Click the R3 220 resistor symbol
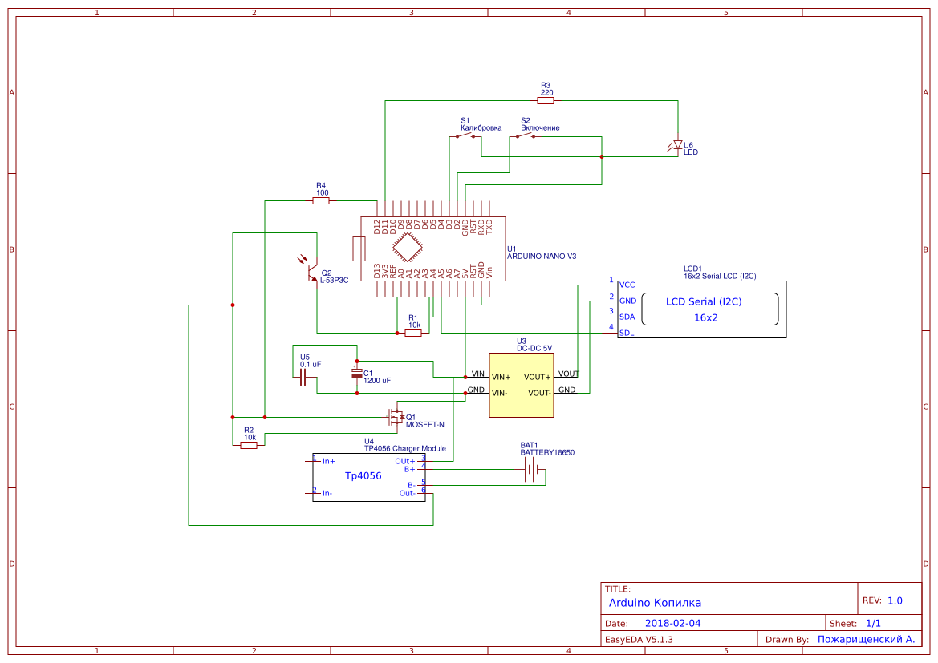(x=546, y=101)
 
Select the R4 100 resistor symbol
(x=321, y=201)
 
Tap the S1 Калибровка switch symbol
(x=465, y=136)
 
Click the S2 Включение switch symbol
(x=525, y=136)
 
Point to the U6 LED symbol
(x=677, y=145)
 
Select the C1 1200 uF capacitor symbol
(x=357, y=374)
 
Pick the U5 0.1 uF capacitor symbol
(x=303, y=378)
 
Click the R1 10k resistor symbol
(x=413, y=333)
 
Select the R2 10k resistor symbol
(x=249, y=445)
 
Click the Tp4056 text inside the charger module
(x=363, y=476)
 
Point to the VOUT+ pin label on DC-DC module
(x=537, y=377)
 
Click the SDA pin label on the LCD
(x=627, y=317)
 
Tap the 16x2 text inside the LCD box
(x=705, y=317)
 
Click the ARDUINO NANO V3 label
(x=542, y=256)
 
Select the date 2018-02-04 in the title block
(x=672, y=623)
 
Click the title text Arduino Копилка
(x=655, y=602)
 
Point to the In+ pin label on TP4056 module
(x=328, y=462)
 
